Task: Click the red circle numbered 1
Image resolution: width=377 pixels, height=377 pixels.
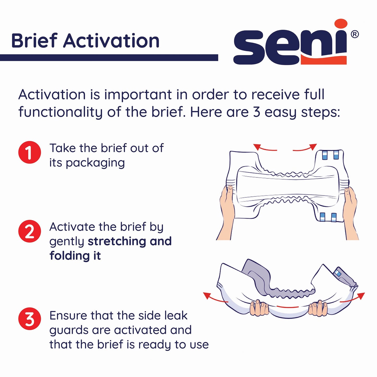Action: pyautogui.click(x=29, y=152)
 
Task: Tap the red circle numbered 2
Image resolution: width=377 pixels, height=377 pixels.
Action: pyautogui.click(x=29, y=231)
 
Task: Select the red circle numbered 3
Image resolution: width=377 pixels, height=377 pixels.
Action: pyautogui.click(x=29, y=319)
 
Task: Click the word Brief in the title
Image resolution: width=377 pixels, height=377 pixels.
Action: pyautogui.click(x=34, y=41)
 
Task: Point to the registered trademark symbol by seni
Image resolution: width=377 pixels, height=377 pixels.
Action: pyautogui.click(x=355, y=34)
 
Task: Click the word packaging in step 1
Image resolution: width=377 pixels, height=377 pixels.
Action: pyautogui.click(x=95, y=163)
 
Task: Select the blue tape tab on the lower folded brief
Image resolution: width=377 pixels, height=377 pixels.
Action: pyautogui.click(x=338, y=273)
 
